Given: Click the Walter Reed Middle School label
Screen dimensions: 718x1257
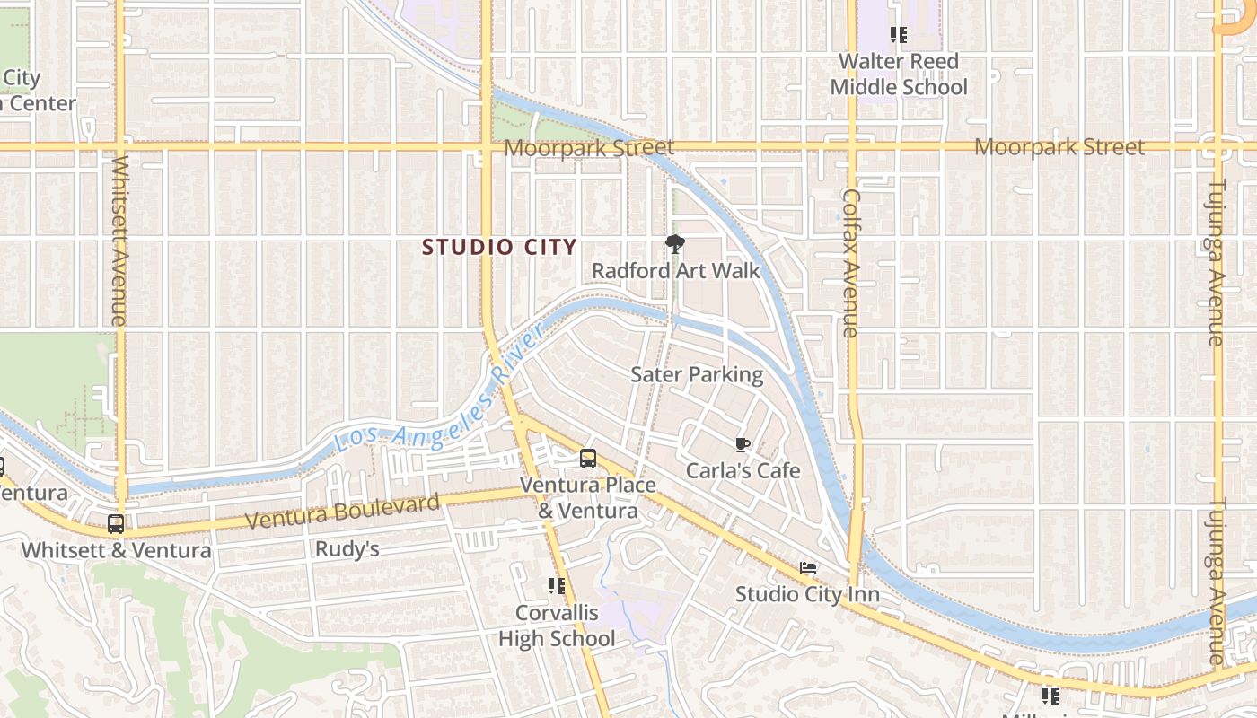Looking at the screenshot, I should (x=898, y=74).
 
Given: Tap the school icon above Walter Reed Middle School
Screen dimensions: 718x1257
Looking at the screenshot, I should (x=898, y=35).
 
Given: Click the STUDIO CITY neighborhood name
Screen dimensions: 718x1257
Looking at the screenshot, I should (x=499, y=247).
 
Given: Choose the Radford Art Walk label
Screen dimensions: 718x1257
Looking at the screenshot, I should (x=675, y=271).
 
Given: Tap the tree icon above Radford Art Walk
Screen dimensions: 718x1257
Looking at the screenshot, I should (x=674, y=243).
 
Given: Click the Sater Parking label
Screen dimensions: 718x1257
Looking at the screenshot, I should (x=697, y=374).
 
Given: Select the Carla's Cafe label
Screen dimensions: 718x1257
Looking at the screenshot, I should (x=743, y=470).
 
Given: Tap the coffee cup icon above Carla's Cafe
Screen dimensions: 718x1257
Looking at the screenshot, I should (x=742, y=444).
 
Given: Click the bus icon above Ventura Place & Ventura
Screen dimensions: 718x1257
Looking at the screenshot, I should (x=587, y=459).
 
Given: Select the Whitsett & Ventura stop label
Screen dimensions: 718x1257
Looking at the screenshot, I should (x=116, y=550).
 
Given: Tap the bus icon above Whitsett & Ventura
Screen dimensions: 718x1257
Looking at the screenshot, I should (x=116, y=524).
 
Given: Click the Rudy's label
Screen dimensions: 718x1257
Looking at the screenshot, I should (x=347, y=549).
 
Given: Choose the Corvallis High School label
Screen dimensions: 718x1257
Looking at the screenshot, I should (x=557, y=626).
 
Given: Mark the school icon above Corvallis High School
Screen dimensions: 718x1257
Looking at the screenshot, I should (x=557, y=586).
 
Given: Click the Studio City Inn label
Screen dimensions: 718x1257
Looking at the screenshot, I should (x=806, y=594).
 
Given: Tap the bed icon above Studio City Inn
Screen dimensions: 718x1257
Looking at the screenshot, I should (x=808, y=568).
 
